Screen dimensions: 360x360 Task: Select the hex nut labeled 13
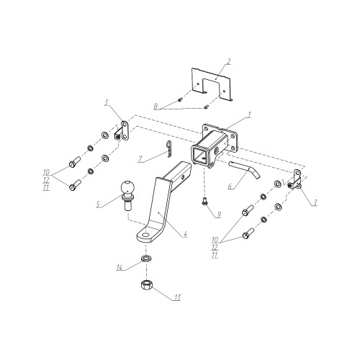(145, 285)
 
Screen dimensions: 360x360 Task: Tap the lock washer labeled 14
(146, 258)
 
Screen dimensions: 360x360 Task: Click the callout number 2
(228, 62)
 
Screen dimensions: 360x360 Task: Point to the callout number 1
(249, 115)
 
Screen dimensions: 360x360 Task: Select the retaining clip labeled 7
(169, 149)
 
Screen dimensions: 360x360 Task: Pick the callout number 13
(177, 298)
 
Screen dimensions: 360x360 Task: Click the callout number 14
(120, 267)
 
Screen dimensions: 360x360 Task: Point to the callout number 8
(156, 107)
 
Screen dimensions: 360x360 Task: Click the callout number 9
(218, 215)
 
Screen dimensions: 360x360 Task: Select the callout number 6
(230, 186)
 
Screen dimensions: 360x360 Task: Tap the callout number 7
(140, 159)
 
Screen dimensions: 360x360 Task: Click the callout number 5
(98, 204)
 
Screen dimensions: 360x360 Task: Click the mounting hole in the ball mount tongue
(145, 235)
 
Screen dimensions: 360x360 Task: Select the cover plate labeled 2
(212, 85)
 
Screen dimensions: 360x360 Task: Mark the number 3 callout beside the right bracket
(315, 203)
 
